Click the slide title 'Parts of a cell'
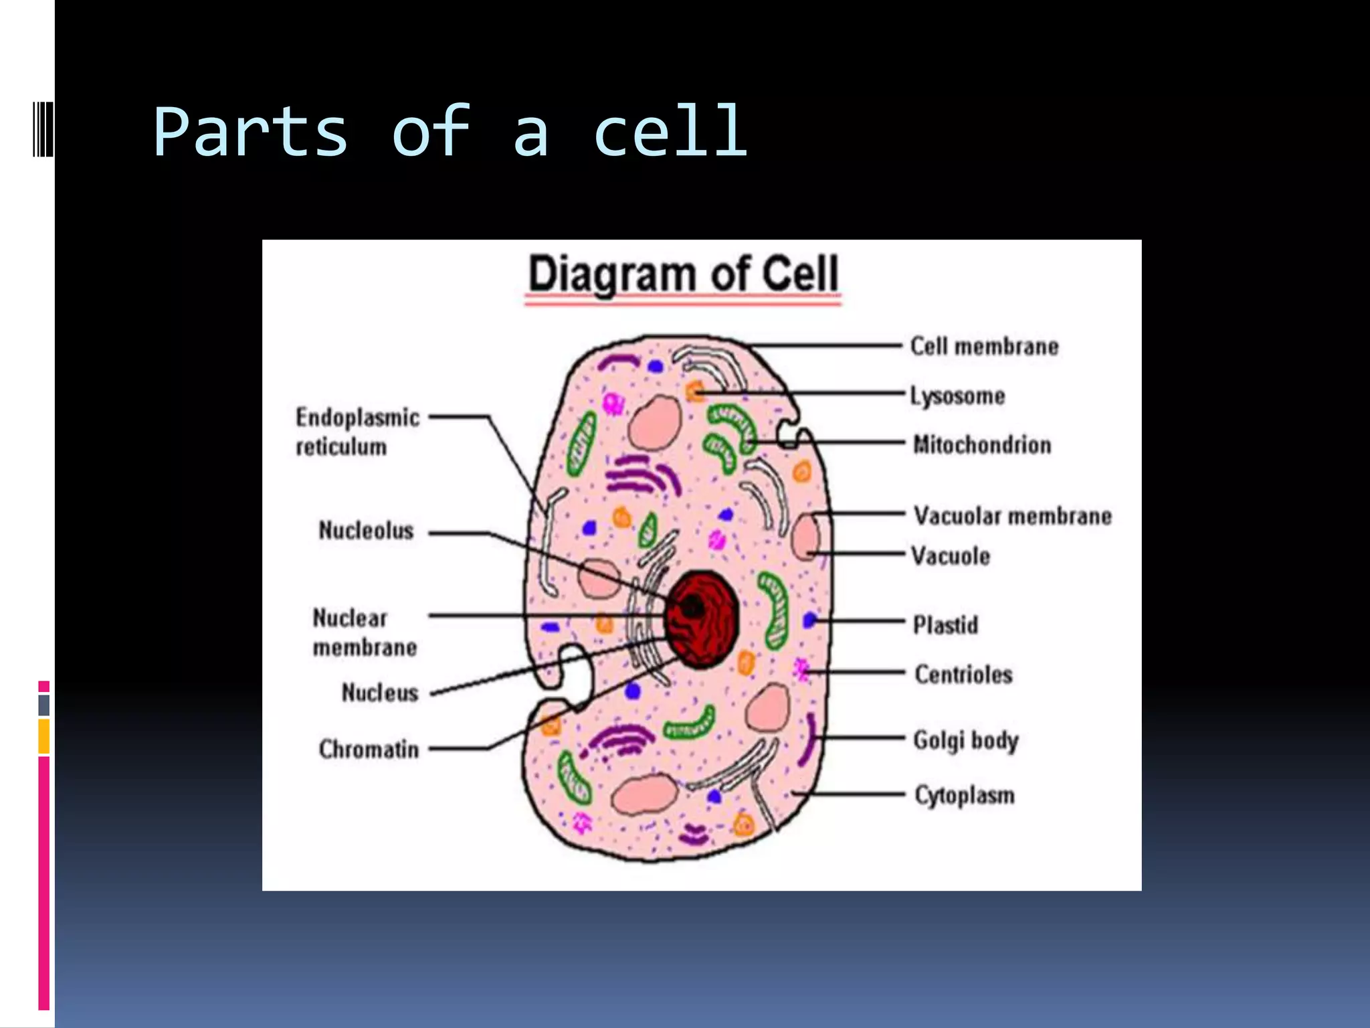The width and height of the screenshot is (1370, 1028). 450,132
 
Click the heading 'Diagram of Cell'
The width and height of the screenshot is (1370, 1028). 683,274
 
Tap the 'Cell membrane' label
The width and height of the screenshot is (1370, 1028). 984,347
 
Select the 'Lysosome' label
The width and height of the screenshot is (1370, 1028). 957,396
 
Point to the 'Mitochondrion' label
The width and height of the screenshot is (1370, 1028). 982,445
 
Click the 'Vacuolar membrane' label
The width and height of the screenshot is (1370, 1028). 1013,516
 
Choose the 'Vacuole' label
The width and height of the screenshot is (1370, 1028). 951,556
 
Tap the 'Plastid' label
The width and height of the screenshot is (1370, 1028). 945,625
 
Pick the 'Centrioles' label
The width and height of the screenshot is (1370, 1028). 963,675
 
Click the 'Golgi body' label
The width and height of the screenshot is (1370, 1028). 966,740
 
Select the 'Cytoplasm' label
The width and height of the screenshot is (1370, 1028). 965,795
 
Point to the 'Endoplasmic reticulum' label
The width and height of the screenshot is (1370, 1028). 358,432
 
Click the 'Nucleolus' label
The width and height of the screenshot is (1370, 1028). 366,531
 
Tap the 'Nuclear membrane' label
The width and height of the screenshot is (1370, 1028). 365,632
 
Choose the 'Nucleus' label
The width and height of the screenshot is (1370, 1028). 379,693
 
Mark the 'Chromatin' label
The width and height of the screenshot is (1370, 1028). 369,750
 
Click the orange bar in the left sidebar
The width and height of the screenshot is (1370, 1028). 44,736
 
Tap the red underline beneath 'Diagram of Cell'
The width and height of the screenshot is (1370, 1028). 683,303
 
